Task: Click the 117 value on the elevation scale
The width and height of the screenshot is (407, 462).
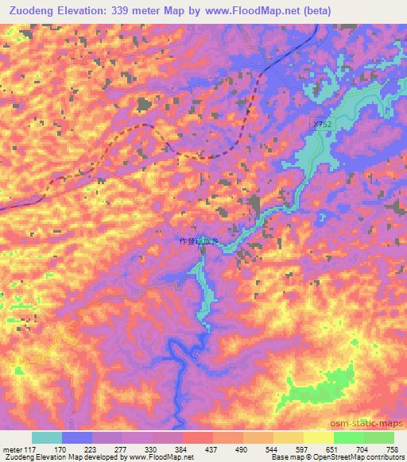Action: tap(31, 450)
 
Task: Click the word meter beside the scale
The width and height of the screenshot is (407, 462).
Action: tap(12, 450)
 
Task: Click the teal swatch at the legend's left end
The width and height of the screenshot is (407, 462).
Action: tap(47, 437)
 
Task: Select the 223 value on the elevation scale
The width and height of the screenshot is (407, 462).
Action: tap(77, 450)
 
